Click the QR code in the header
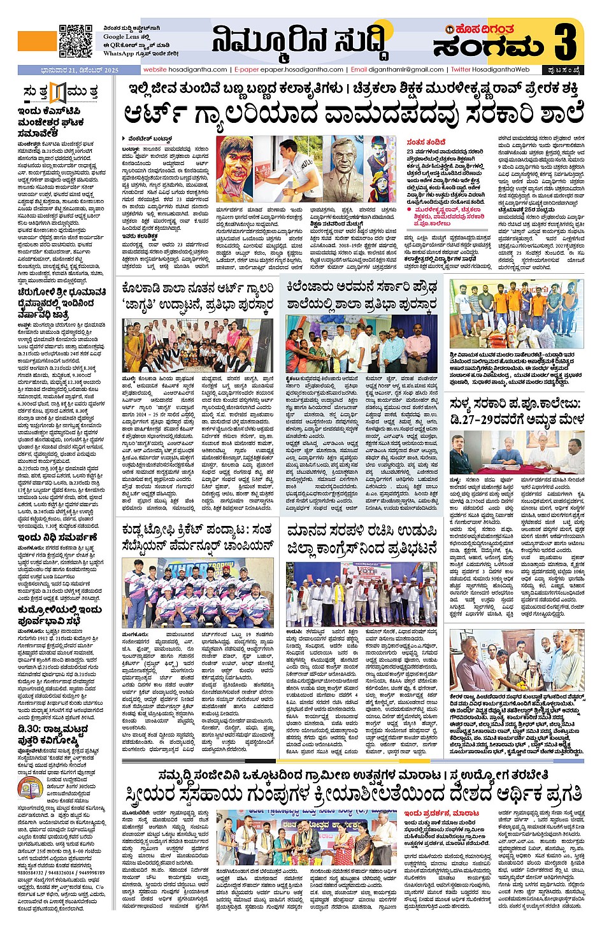pos(76,41)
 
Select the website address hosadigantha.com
pos(185,69)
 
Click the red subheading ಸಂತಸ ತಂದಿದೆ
pos(426,142)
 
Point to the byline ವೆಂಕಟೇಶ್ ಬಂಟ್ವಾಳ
pos(150,138)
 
